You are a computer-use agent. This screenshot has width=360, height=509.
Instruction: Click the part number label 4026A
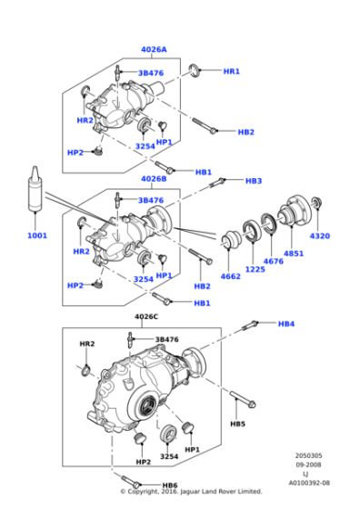pyautogui.click(x=154, y=50)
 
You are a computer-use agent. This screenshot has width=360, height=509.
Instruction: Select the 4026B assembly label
pyautogui.click(x=154, y=179)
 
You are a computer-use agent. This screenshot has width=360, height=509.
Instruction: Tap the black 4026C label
pyautogui.click(x=146, y=316)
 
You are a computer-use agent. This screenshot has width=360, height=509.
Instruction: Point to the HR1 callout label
pyautogui.click(x=232, y=71)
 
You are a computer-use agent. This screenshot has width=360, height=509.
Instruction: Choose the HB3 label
pyautogui.click(x=254, y=181)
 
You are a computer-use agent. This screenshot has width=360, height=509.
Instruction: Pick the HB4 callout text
pyautogui.click(x=285, y=324)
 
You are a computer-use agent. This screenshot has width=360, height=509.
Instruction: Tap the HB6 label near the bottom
pyautogui.click(x=170, y=485)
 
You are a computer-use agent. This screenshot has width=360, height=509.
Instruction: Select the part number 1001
pyautogui.click(x=36, y=235)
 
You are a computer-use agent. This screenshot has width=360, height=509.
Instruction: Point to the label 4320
pyautogui.click(x=320, y=235)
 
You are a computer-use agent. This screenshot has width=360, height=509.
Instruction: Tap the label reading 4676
pyautogui.click(x=274, y=262)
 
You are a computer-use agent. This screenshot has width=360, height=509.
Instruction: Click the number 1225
pyautogui.click(x=254, y=269)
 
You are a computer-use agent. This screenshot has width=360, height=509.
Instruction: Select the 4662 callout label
pyautogui.click(x=231, y=276)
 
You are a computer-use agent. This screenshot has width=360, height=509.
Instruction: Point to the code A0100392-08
pyautogui.click(x=310, y=483)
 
